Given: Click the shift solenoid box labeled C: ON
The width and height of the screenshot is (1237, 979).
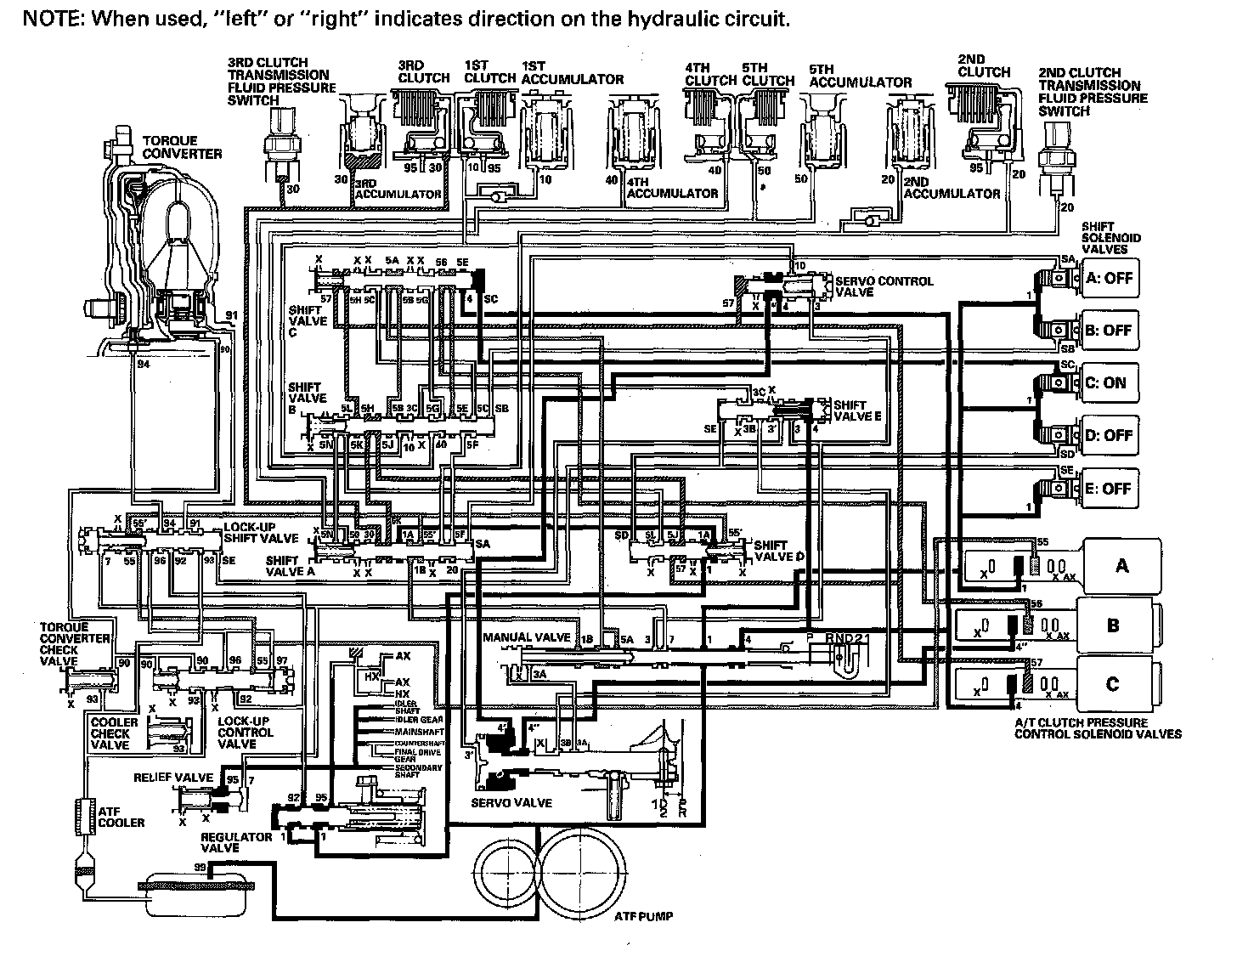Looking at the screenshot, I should click(x=1109, y=382).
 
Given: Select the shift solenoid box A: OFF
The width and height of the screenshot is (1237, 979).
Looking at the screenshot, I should click(x=1109, y=278).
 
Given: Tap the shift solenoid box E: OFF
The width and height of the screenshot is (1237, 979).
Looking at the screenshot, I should click(x=1109, y=489).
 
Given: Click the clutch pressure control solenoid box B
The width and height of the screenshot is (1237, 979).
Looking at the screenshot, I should click(x=1113, y=625).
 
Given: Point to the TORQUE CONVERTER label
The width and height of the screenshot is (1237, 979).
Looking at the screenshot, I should click(x=182, y=147).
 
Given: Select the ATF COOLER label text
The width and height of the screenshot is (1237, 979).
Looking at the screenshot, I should click(x=121, y=817).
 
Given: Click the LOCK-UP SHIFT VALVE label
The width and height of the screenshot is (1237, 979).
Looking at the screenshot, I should click(x=260, y=532).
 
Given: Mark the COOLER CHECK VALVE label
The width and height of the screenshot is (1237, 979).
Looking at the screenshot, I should click(x=110, y=733).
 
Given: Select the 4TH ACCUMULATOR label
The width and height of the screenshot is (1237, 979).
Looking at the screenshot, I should click(x=672, y=187).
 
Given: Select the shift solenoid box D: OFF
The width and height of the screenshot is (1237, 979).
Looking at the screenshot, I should click(x=1109, y=435).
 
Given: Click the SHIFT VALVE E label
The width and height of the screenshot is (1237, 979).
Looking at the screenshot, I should click(x=857, y=410).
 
